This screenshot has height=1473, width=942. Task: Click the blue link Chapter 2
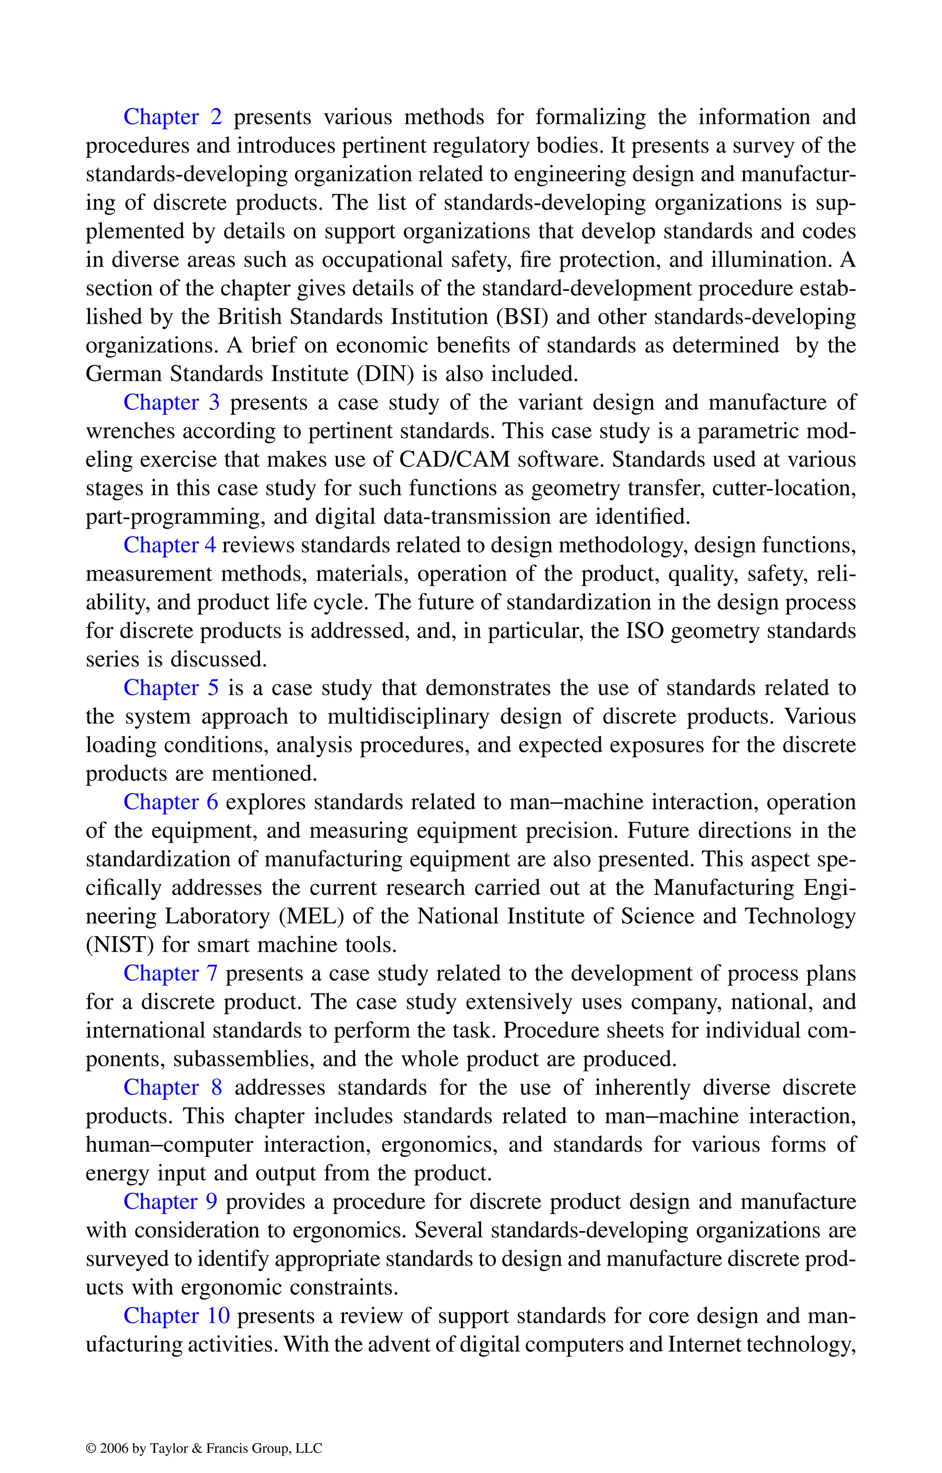172,117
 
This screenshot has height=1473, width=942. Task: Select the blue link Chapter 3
171,403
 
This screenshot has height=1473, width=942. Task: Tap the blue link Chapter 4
169,545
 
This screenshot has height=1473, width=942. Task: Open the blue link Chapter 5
171,688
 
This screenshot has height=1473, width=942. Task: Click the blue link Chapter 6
171,802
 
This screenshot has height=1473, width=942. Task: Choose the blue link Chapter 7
171,973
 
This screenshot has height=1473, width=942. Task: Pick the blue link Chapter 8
172,1087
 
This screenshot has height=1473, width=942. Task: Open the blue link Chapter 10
177,1316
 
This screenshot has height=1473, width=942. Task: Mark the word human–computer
169,1145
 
